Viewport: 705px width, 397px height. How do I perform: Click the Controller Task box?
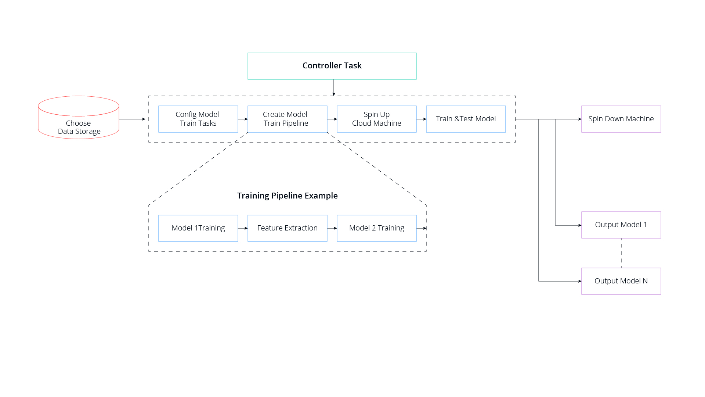click(x=332, y=66)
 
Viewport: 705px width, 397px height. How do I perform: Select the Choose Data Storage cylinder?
click(x=79, y=118)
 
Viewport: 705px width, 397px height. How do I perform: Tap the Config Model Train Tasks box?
click(x=198, y=119)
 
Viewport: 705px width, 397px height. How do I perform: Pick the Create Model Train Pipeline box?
click(x=288, y=119)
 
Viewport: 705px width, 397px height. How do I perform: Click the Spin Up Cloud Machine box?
click(x=377, y=119)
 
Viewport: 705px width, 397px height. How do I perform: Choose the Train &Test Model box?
click(x=466, y=119)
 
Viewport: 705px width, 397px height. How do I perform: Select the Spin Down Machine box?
click(x=621, y=119)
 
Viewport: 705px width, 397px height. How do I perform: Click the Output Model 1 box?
click(x=621, y=225)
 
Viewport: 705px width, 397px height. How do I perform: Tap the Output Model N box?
click(x=621, y=281)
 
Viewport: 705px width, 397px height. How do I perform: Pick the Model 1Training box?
click(x=198, y=228)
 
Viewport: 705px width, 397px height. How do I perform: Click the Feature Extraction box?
click(x=288, y=228)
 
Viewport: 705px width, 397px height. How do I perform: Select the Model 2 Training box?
click(x=377, y=228)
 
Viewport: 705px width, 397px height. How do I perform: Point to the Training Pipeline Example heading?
click(x=288, y=196)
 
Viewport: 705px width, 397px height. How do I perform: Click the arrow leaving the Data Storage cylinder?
click(x=132, y=119)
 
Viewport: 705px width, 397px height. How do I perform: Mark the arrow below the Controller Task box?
click(x=334, y=88)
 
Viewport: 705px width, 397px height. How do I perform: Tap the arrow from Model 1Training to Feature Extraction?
click(x=243, y=228)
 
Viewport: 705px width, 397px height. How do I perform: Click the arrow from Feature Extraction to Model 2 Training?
click(x=332, y=228)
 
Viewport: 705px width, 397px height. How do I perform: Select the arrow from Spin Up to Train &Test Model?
click(x=422, y=119)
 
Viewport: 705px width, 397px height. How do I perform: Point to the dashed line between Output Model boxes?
click(x=621, y=253)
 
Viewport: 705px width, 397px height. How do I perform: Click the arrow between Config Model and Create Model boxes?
click(x=243, y=119)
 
